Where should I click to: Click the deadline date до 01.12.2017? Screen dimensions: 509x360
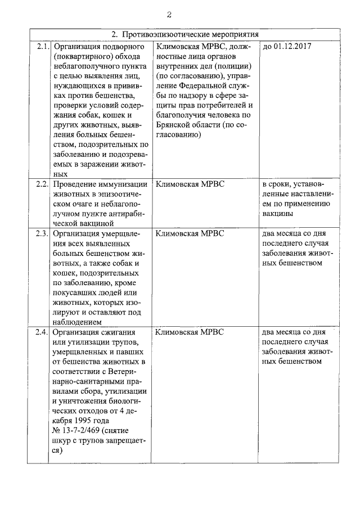pos(287,46)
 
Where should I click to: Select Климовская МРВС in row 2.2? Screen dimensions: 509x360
pos(190,184)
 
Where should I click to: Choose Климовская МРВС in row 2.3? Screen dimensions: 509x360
pos(190,233)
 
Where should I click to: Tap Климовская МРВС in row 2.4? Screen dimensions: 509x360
pos(190,332)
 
